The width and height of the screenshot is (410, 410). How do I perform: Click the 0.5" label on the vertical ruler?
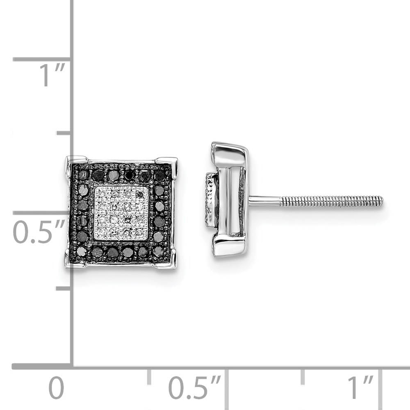(x=39, y=232)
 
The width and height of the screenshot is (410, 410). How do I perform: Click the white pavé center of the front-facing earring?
(x=121, y=213)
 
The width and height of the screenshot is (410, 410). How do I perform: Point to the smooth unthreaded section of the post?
(x=264, y=201)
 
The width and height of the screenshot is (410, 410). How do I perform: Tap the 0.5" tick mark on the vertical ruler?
(x=41, y=213)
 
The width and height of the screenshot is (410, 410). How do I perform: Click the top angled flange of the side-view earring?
(x=230, y=150)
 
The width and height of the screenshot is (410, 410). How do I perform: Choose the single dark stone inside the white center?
(x=141, y=194)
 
